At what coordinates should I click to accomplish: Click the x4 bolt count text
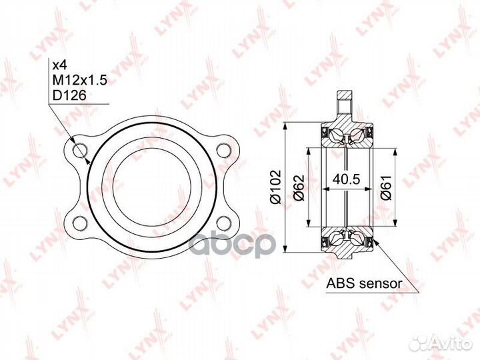tap(60, 65)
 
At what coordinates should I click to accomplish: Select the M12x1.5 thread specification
tap(79, 80)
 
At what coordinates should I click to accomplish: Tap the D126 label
tap(69, 96)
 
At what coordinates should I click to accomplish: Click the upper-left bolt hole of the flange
tap(81, 150)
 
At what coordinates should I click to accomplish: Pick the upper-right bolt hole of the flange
tap(223, 150)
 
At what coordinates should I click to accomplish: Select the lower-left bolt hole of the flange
tap(81, 223)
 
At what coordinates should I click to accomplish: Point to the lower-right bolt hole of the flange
tap(223, 223)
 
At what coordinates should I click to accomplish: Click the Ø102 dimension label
tap(275, 187)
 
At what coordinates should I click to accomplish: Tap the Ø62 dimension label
tap(299, 187)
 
